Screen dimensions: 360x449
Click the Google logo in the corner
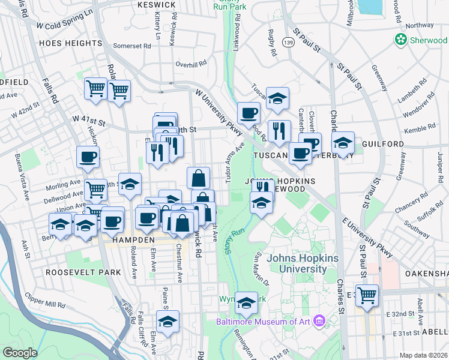pyautogui.click(x=20, y=353)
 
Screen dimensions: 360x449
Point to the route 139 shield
pyautogui.click(x=290, y=42)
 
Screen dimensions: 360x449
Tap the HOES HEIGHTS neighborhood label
pyautogui.click(x=71, y=43)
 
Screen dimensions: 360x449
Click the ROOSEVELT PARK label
pyautogui.click(x=83, y=272)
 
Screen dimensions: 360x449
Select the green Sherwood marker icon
pyautogui.click(x=400, y=40)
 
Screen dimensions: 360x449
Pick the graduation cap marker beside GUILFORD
pyautogui.click(x=343, y=143)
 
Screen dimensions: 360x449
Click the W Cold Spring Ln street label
pyautogui.click(x=64, y=19)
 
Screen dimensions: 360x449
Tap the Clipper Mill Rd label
pyautogui.click(x=45, y=300)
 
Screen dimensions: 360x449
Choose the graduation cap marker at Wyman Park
pyautogui.click(x=246, y=304)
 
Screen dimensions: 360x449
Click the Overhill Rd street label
pyautogui.click(x=191, y=63)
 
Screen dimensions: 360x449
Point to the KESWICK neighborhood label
pyautogui.click(x=155, y=5)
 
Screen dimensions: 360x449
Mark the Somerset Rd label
pyautogui.click(x=131, y=46)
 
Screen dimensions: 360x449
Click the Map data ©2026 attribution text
pyautogui.click(x=423, y=355)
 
